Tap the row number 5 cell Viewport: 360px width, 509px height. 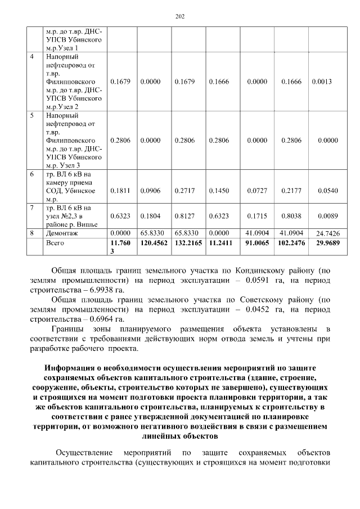point(33,115)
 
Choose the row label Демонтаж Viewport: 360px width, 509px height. point(62,232)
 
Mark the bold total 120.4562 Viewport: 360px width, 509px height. point(152,243)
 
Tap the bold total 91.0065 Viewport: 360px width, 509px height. point(257,243)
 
